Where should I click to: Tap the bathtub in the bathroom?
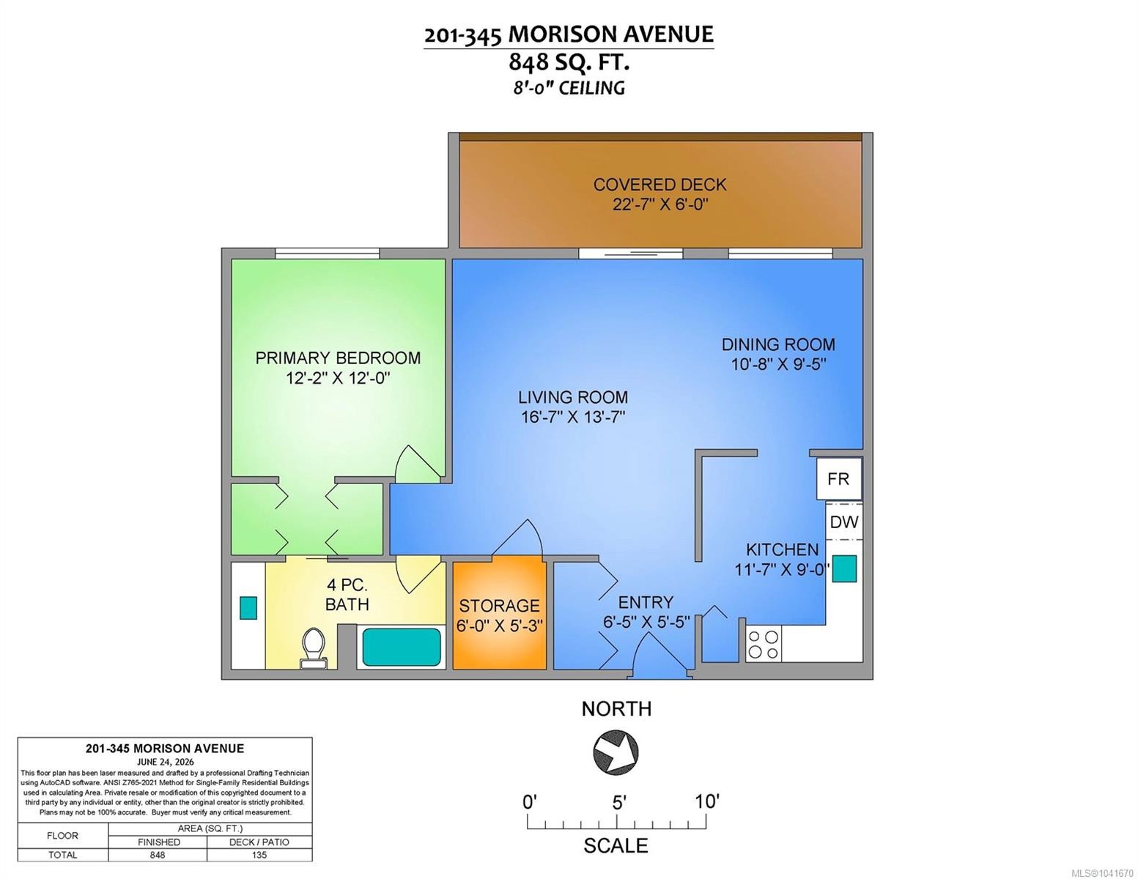click(401, 647)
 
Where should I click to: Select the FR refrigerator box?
click(838, 478)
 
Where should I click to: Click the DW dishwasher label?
click(844, 522)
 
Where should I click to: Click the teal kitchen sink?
click(844, 568)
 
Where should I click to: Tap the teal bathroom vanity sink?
click(248, 608)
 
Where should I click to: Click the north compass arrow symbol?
click(616, 752)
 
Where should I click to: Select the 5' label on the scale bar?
click(619, 802)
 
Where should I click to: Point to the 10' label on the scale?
click(707, 801)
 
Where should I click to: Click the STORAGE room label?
click(499, 606)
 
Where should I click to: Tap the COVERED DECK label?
click(659, 185)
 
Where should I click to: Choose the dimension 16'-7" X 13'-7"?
click(573, 418)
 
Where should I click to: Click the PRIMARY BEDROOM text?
click(338, 358)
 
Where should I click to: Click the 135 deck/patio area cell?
click(259, 855)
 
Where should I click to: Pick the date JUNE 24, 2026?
click(165, 762)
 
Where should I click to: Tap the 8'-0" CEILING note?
click(569, 87)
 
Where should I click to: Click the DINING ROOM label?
click(778, 344)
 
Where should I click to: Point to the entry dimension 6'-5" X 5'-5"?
click(646, 623)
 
